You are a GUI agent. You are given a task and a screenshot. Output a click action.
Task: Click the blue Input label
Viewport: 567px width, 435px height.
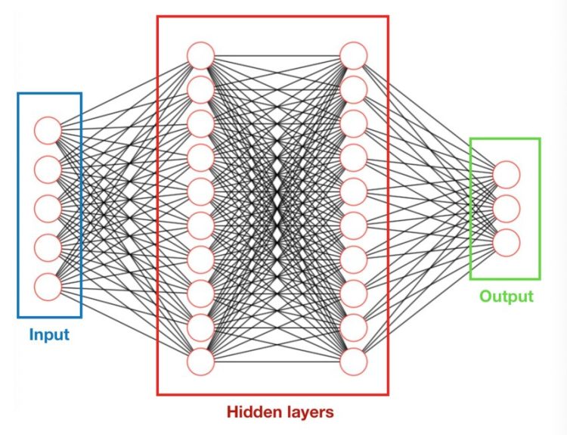coord(49,334)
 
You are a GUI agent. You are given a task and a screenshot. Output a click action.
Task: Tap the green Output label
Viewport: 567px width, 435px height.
coord(506,296)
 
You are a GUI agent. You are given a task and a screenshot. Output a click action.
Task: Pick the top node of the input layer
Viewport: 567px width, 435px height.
coord(47,129)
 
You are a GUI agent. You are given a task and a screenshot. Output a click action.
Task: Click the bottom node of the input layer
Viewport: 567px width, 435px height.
coord(47,286)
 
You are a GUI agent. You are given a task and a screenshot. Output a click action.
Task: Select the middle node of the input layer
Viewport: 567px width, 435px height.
coord(47,208)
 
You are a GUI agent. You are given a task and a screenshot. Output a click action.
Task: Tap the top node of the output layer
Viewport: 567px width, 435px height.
coord(507,174)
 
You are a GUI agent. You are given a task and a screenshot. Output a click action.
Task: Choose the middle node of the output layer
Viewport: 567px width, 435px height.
coord(507,208)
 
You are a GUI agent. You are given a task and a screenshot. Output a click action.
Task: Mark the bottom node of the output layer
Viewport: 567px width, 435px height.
coord(507,242)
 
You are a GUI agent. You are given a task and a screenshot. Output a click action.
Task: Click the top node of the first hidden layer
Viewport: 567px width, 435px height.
coord(201,55)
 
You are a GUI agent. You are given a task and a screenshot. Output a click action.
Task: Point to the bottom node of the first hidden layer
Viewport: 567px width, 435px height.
coord(201,362)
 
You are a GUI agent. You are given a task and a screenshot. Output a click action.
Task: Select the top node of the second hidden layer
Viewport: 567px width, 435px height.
coord(354,55)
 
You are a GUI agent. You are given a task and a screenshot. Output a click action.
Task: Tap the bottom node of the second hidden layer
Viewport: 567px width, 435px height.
coord(354,362)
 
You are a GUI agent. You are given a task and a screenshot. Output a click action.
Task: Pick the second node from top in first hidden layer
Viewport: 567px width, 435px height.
coord(201,89)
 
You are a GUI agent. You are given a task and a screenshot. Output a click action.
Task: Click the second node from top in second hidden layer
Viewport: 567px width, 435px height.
coord(354,89)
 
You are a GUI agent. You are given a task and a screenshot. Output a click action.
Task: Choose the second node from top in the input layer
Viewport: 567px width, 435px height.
coord(47,169)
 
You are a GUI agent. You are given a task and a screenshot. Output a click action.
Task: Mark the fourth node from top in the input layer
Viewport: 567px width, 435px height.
coord(47,247)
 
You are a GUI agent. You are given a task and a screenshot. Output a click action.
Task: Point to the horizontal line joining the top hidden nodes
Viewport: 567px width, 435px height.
coord(277,55)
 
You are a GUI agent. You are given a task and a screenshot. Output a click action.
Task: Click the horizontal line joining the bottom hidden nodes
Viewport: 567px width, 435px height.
coord(277,362)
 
